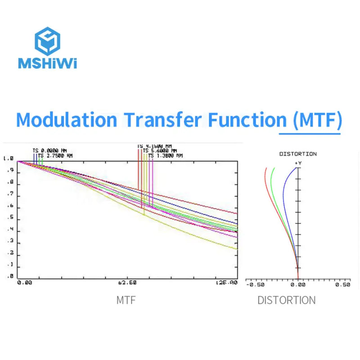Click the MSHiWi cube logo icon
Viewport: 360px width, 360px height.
[x=47, y=41]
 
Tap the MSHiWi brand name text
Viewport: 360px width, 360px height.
[x=47, y=63]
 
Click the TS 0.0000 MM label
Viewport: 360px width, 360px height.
[x=49, y=151]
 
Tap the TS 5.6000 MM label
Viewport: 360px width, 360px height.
[x=160, y=151]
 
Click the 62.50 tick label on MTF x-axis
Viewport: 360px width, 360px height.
[x=127, y=283]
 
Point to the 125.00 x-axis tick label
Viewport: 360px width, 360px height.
[x=226, y=283]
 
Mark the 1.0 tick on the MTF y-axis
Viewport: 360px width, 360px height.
[x=8, y=158]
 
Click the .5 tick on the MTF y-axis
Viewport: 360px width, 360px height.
[x=10, y=219]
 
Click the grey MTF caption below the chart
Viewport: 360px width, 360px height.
[x=126, y=300]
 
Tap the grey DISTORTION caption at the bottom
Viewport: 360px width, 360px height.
[x=287, y=300]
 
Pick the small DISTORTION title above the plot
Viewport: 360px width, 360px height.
[x=298, y=154]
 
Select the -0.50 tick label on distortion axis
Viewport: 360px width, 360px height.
[x=256, y=284]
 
